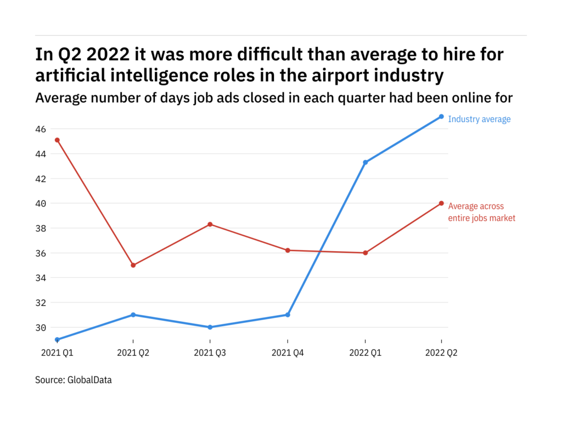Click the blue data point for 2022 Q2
441,116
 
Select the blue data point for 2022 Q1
365,162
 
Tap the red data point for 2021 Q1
57,140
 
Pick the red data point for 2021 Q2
133,265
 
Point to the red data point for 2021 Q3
210,224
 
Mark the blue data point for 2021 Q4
288,315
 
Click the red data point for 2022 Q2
441,203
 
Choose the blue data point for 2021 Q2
133,315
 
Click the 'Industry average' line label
479,120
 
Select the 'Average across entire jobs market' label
482,212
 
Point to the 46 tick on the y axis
41,129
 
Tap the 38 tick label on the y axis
41,228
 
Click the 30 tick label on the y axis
41,327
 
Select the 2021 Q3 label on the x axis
210,354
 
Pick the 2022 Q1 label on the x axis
365,354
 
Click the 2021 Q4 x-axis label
288,354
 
